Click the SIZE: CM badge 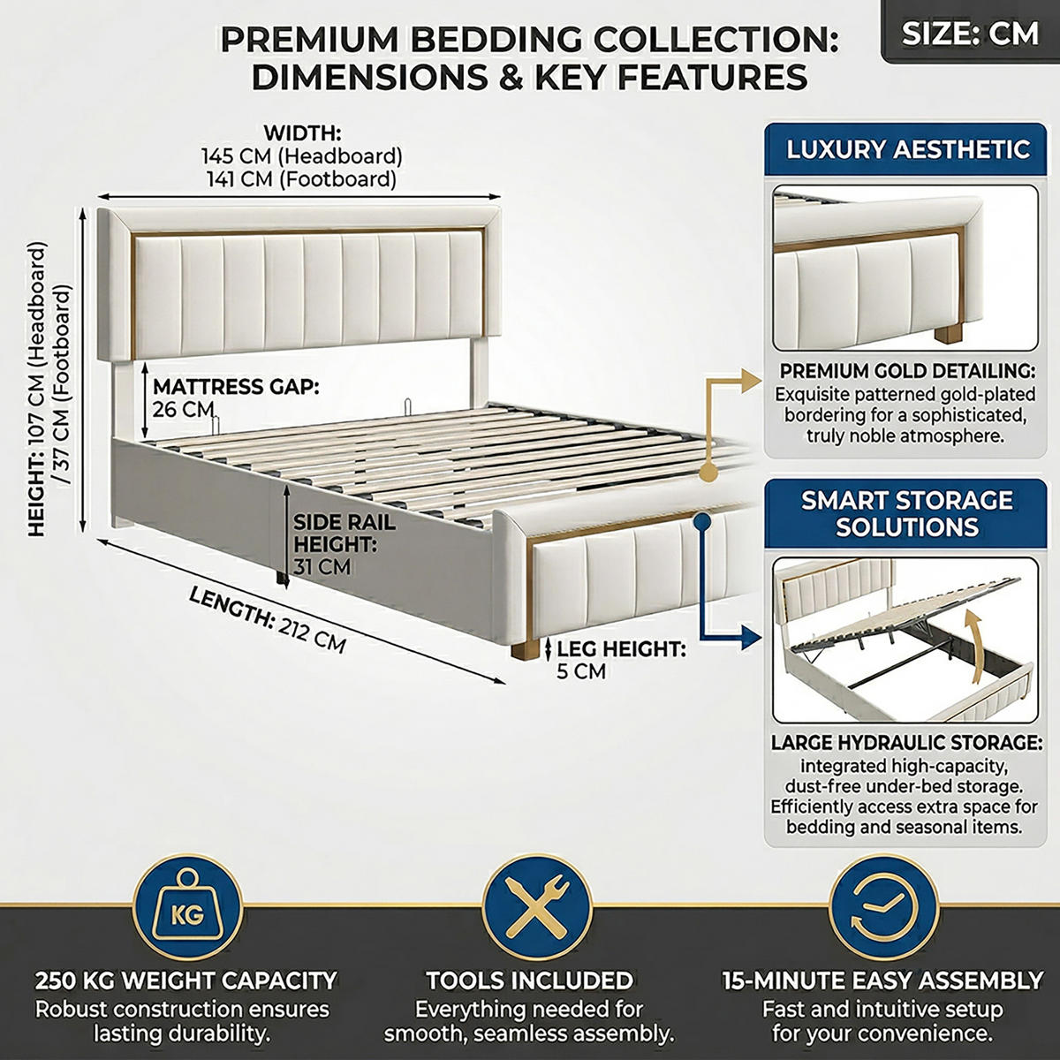(x=970, y=33)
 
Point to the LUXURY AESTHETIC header (x=905, y=149)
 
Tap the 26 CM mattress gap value (x=183, y=410)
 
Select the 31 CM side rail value (x=322, y=566)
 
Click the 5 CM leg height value (x=581, y=671)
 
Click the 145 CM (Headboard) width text (x=302, y=156)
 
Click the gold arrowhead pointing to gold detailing (x=749, y=382)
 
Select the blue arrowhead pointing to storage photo (x=749, y=636)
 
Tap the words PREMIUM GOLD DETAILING (x=907, y=371)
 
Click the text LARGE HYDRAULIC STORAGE (x=906, y=742)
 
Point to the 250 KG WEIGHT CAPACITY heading (x=186, y=980)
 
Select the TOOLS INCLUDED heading (x=530, y=980)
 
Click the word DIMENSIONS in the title (x=370, y=77)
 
